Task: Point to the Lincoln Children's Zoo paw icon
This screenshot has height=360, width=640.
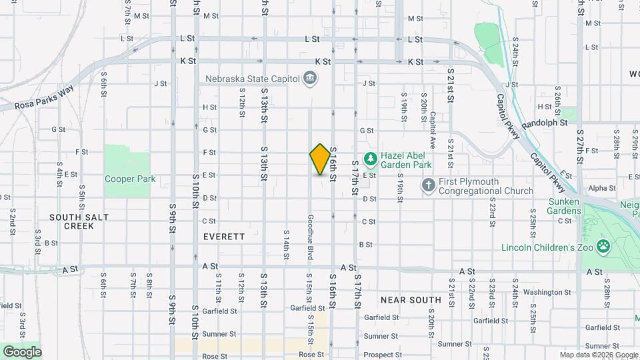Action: click(x=604, y=247)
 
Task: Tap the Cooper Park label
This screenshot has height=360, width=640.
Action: click(x=130, y=179)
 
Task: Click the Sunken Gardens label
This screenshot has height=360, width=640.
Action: click(x=571, y=207)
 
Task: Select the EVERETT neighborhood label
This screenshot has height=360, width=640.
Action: click(x=224, y=237)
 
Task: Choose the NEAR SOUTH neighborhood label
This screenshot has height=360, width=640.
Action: click(x=411, y=300)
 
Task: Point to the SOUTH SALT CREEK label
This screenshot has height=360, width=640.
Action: click(x=71, y=221)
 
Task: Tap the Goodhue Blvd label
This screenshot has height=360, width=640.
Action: click(x=311, y=238)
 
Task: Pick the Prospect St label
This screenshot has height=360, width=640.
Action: click(x=381, y=355)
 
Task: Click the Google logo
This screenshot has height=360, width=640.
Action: click(x=22, y=352)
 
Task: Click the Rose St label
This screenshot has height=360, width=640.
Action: click(x=307, y=355)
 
